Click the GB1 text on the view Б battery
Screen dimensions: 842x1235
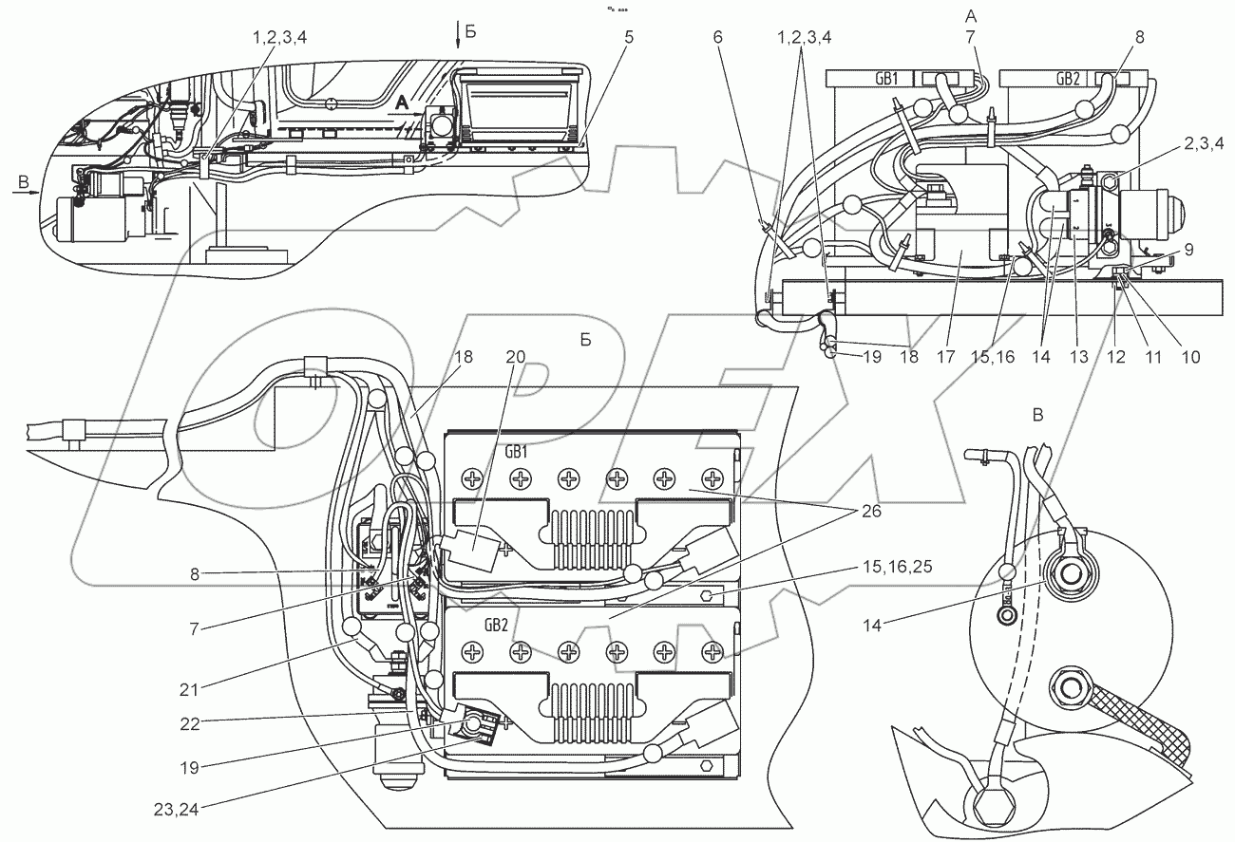coord(517,453)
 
